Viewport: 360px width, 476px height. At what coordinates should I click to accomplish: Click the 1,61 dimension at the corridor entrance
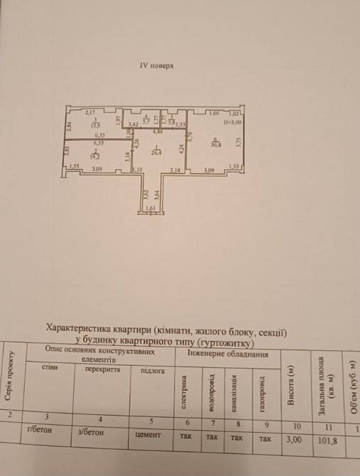click(150, 207)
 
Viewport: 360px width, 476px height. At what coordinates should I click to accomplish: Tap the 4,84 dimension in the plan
click(159, 133)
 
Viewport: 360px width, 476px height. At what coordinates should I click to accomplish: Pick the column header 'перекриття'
click(102, 369)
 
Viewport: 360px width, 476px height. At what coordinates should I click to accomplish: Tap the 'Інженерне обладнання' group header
click(227, 352)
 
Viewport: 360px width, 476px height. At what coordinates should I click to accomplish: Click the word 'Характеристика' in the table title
click(78, 330)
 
